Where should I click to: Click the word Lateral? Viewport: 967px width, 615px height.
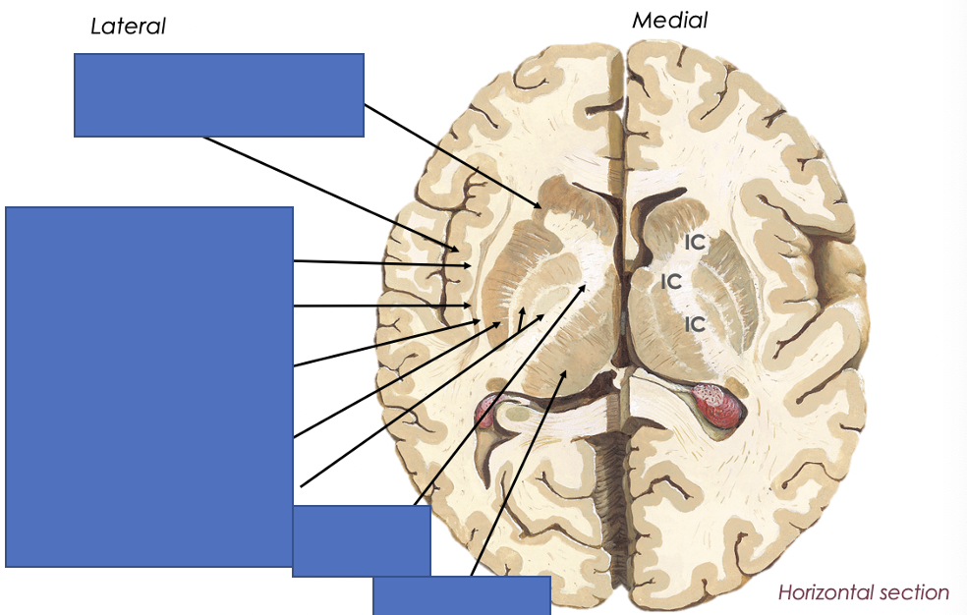click(x=128, y=27)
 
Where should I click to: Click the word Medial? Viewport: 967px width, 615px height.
click(x=669, y=20)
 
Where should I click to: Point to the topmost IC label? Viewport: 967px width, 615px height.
click(x=695, y=242)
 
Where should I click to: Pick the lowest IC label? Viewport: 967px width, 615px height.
click(x=695, y=322)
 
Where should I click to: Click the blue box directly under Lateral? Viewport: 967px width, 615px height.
click(x=219, y=94)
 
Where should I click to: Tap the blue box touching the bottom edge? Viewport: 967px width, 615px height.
click(x=461, y=595)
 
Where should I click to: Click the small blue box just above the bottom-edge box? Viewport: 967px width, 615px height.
click(x=362, y=540)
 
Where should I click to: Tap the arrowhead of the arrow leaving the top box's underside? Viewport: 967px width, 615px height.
click(x=455, y=250)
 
